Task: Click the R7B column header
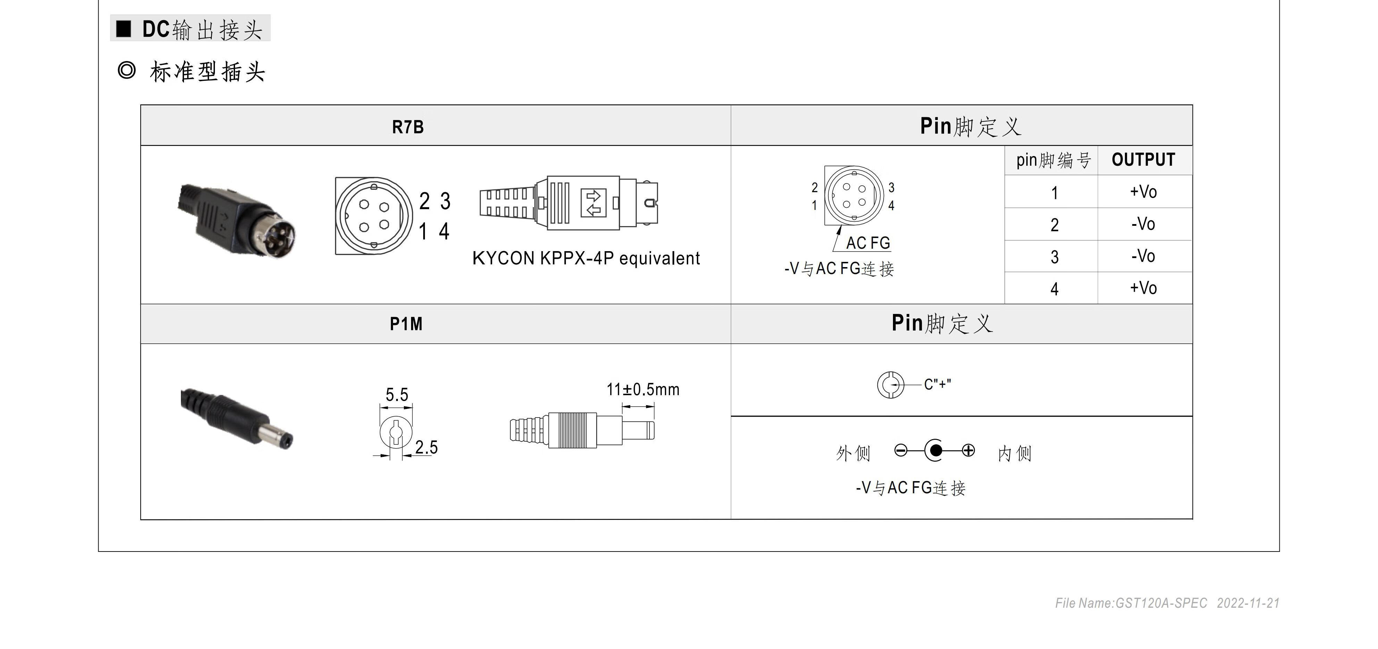[408, 127]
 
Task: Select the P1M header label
[406, 324]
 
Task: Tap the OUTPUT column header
[1143, 160]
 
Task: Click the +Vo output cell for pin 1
[1143, 192]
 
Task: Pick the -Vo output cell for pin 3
[1143, 256]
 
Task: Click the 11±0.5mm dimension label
[642, 390]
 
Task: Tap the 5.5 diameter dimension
[397, 395]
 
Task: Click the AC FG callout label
[868, 243]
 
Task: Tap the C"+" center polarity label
[937, 384]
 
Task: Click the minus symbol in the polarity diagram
[901, 451]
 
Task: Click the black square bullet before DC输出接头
[124, 29]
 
